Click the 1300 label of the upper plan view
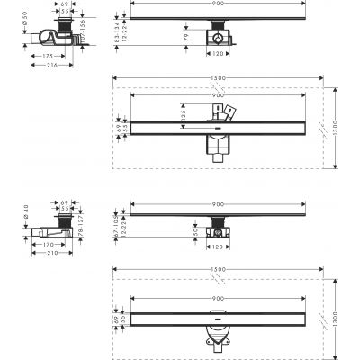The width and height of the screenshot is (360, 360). (335, 127)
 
